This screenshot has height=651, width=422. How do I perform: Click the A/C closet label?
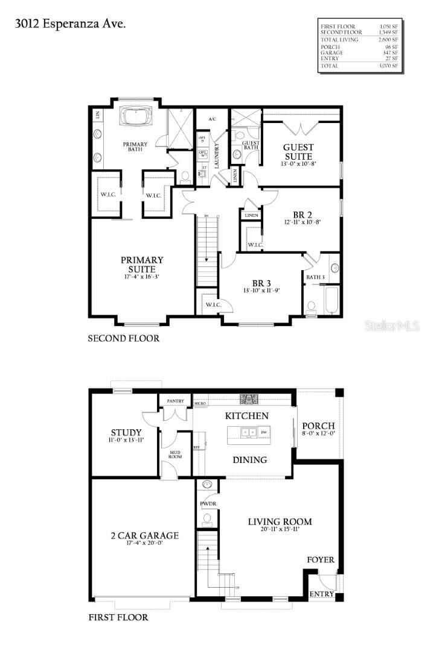point(212,119)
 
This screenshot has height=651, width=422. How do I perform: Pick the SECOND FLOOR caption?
point(124,339)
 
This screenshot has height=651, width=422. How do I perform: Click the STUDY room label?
point(126,432)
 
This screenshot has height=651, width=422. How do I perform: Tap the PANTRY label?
point(175,400)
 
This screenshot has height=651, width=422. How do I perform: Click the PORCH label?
point(318,426)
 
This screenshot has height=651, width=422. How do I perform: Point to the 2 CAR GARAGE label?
point(144,535)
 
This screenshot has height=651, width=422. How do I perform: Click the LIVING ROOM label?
point(280,521)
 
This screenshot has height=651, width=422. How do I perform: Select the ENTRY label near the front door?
point(321,594)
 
